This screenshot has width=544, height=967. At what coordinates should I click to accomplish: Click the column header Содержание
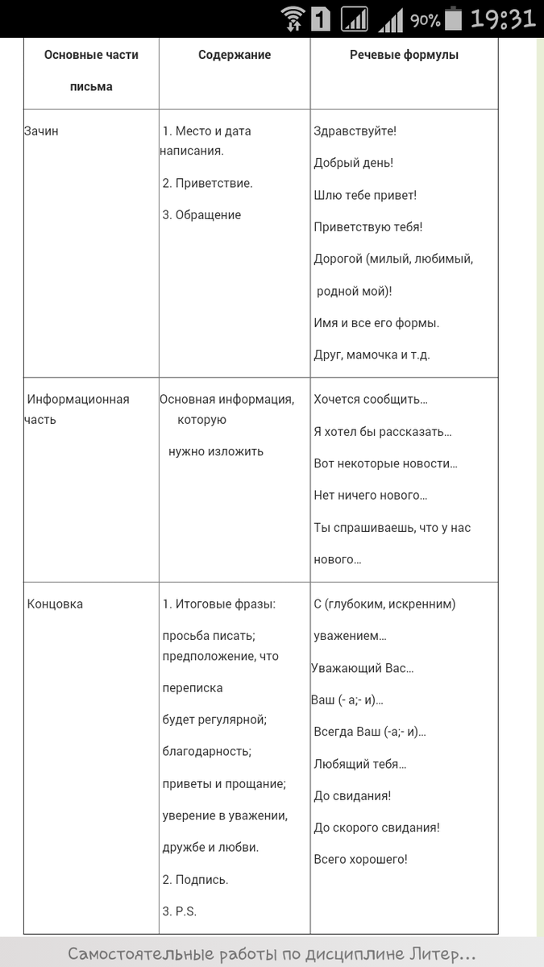pyautogui.click(x=235, y=55)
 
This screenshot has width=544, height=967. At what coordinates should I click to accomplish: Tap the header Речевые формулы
pyautogui.click(x=404, y=55)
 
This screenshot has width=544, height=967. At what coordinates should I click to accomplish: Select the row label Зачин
pyautogui.click(x=42, y=131)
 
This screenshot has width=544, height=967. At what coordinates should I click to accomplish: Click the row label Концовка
pyautogui.click(x=55, y=604)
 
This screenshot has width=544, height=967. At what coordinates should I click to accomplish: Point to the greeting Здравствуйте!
pyautogui.click(x=355, y=131)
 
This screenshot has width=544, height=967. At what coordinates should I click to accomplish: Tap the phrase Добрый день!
pyautogui.click(x=353, y=163)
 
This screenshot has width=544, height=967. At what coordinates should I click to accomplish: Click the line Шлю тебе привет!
pyautogui.click(x=364, y=195)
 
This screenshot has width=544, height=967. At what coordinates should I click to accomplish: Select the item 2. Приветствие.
pyautogui.click(x=207, y=183)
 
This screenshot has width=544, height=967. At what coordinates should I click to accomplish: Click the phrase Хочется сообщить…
pyautogui.click(x=371, y=399)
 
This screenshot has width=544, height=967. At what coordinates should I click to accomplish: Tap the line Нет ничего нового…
pyautogui.click(x=371, y=496)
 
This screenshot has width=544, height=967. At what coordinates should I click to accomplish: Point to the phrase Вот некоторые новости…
pyautogui.click(x=385, y=463)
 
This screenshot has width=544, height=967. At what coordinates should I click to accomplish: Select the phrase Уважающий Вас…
pyautogui.click(x=363, y=668)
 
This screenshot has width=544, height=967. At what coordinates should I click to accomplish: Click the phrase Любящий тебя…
pyautogui.click(x=360, y=764)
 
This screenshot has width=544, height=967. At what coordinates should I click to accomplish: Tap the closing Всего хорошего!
pyautogui.click(x=360, y=859)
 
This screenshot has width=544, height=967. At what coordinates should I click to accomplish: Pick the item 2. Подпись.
pyautogui.click(x=195, y=879)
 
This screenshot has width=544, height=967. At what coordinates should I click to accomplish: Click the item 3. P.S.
pyautogui.click(x=180, y=911)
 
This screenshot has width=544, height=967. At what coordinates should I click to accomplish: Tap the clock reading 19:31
pyautogui.click(x=503, y=19)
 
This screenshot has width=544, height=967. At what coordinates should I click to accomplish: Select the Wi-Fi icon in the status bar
pyautogui.click(x=293, y=19)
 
